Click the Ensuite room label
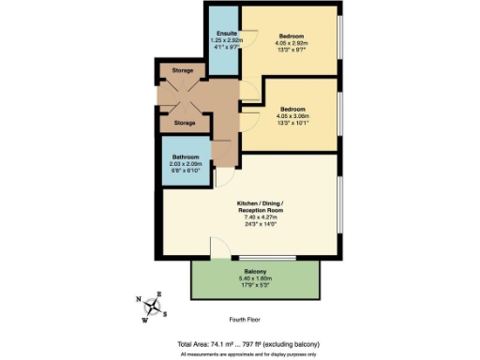pos(222,36)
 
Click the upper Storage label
pos(184,70)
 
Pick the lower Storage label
pos(184,123)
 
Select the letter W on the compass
pos(145,320)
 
